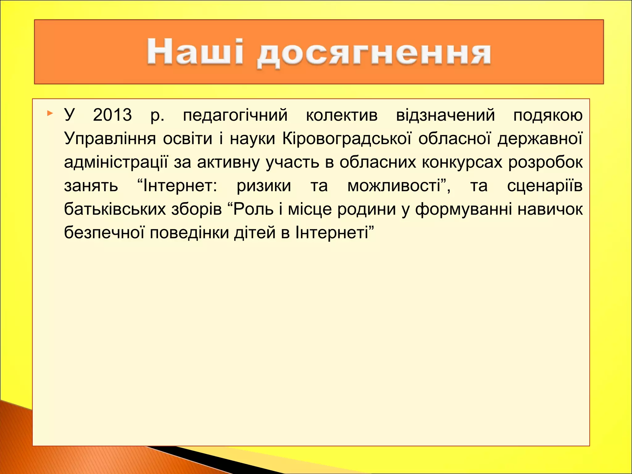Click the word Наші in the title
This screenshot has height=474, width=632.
point(195,52)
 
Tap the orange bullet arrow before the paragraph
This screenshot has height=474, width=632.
point(50,113)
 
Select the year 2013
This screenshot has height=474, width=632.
point(112,115)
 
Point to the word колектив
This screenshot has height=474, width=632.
point(342,115)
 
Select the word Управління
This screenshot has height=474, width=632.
point(110,139)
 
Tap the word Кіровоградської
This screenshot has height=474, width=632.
point(347,139)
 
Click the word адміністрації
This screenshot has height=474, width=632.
point(116,162)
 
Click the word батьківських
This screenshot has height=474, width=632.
point(115,209)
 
